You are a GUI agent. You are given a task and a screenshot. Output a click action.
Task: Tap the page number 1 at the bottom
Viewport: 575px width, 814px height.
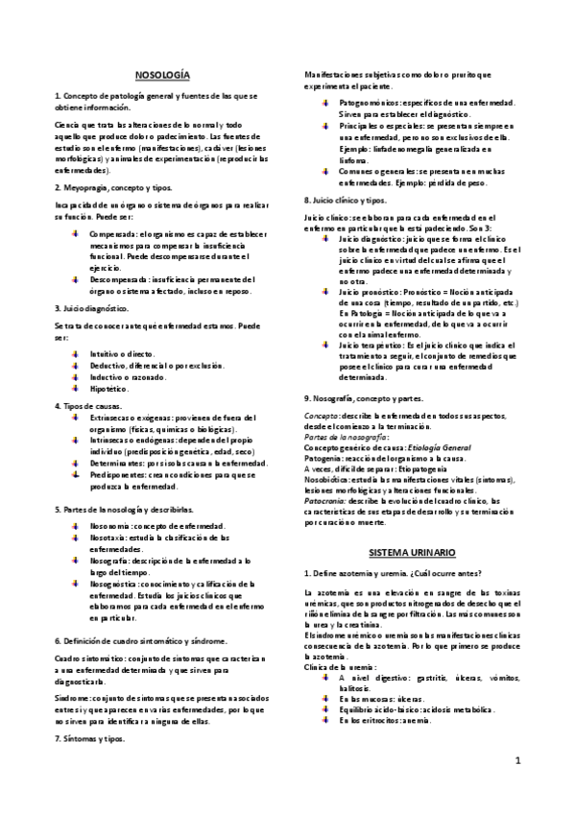pos(516,762)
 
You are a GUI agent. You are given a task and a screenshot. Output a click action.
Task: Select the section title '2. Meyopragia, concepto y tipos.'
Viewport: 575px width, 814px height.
pos(113,188)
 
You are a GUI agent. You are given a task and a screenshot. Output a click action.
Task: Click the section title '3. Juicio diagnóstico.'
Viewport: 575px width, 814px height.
pos(92,309)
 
